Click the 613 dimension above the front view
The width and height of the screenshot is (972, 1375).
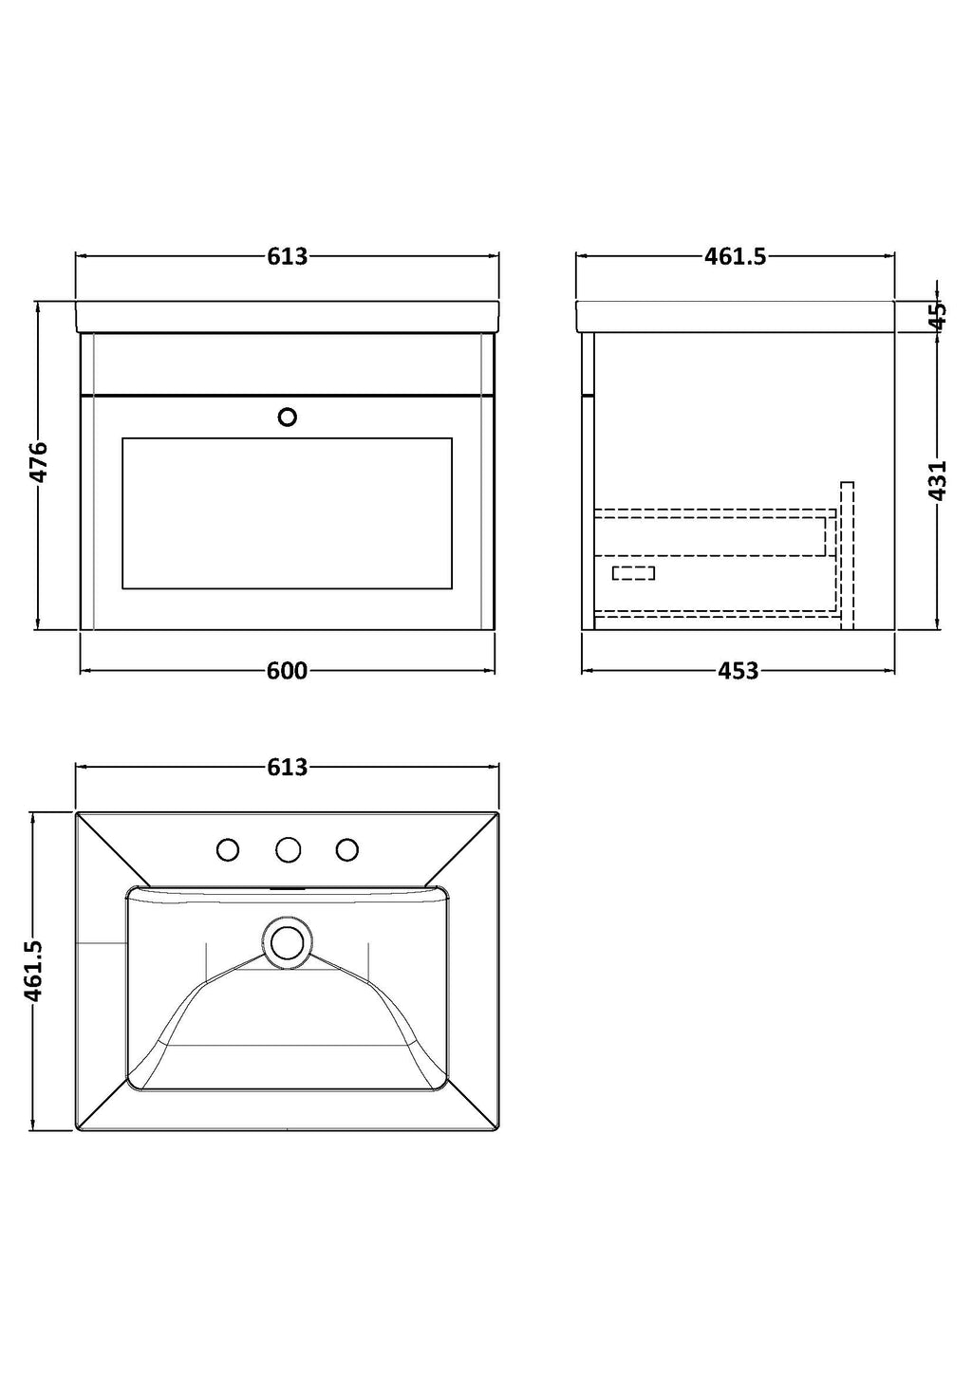(288, 256)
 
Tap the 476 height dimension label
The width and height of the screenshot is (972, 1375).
(38, 461)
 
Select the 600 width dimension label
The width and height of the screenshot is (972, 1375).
(288, 671)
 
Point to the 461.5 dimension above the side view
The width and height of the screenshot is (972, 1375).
(735, 256)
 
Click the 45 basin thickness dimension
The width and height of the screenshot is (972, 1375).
(938, 317)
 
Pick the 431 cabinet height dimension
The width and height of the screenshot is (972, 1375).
(938, 481)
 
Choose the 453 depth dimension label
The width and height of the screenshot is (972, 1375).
(738, 671)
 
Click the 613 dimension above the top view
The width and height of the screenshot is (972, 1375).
(288, 768)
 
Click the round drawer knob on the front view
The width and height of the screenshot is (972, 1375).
(288, 418)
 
